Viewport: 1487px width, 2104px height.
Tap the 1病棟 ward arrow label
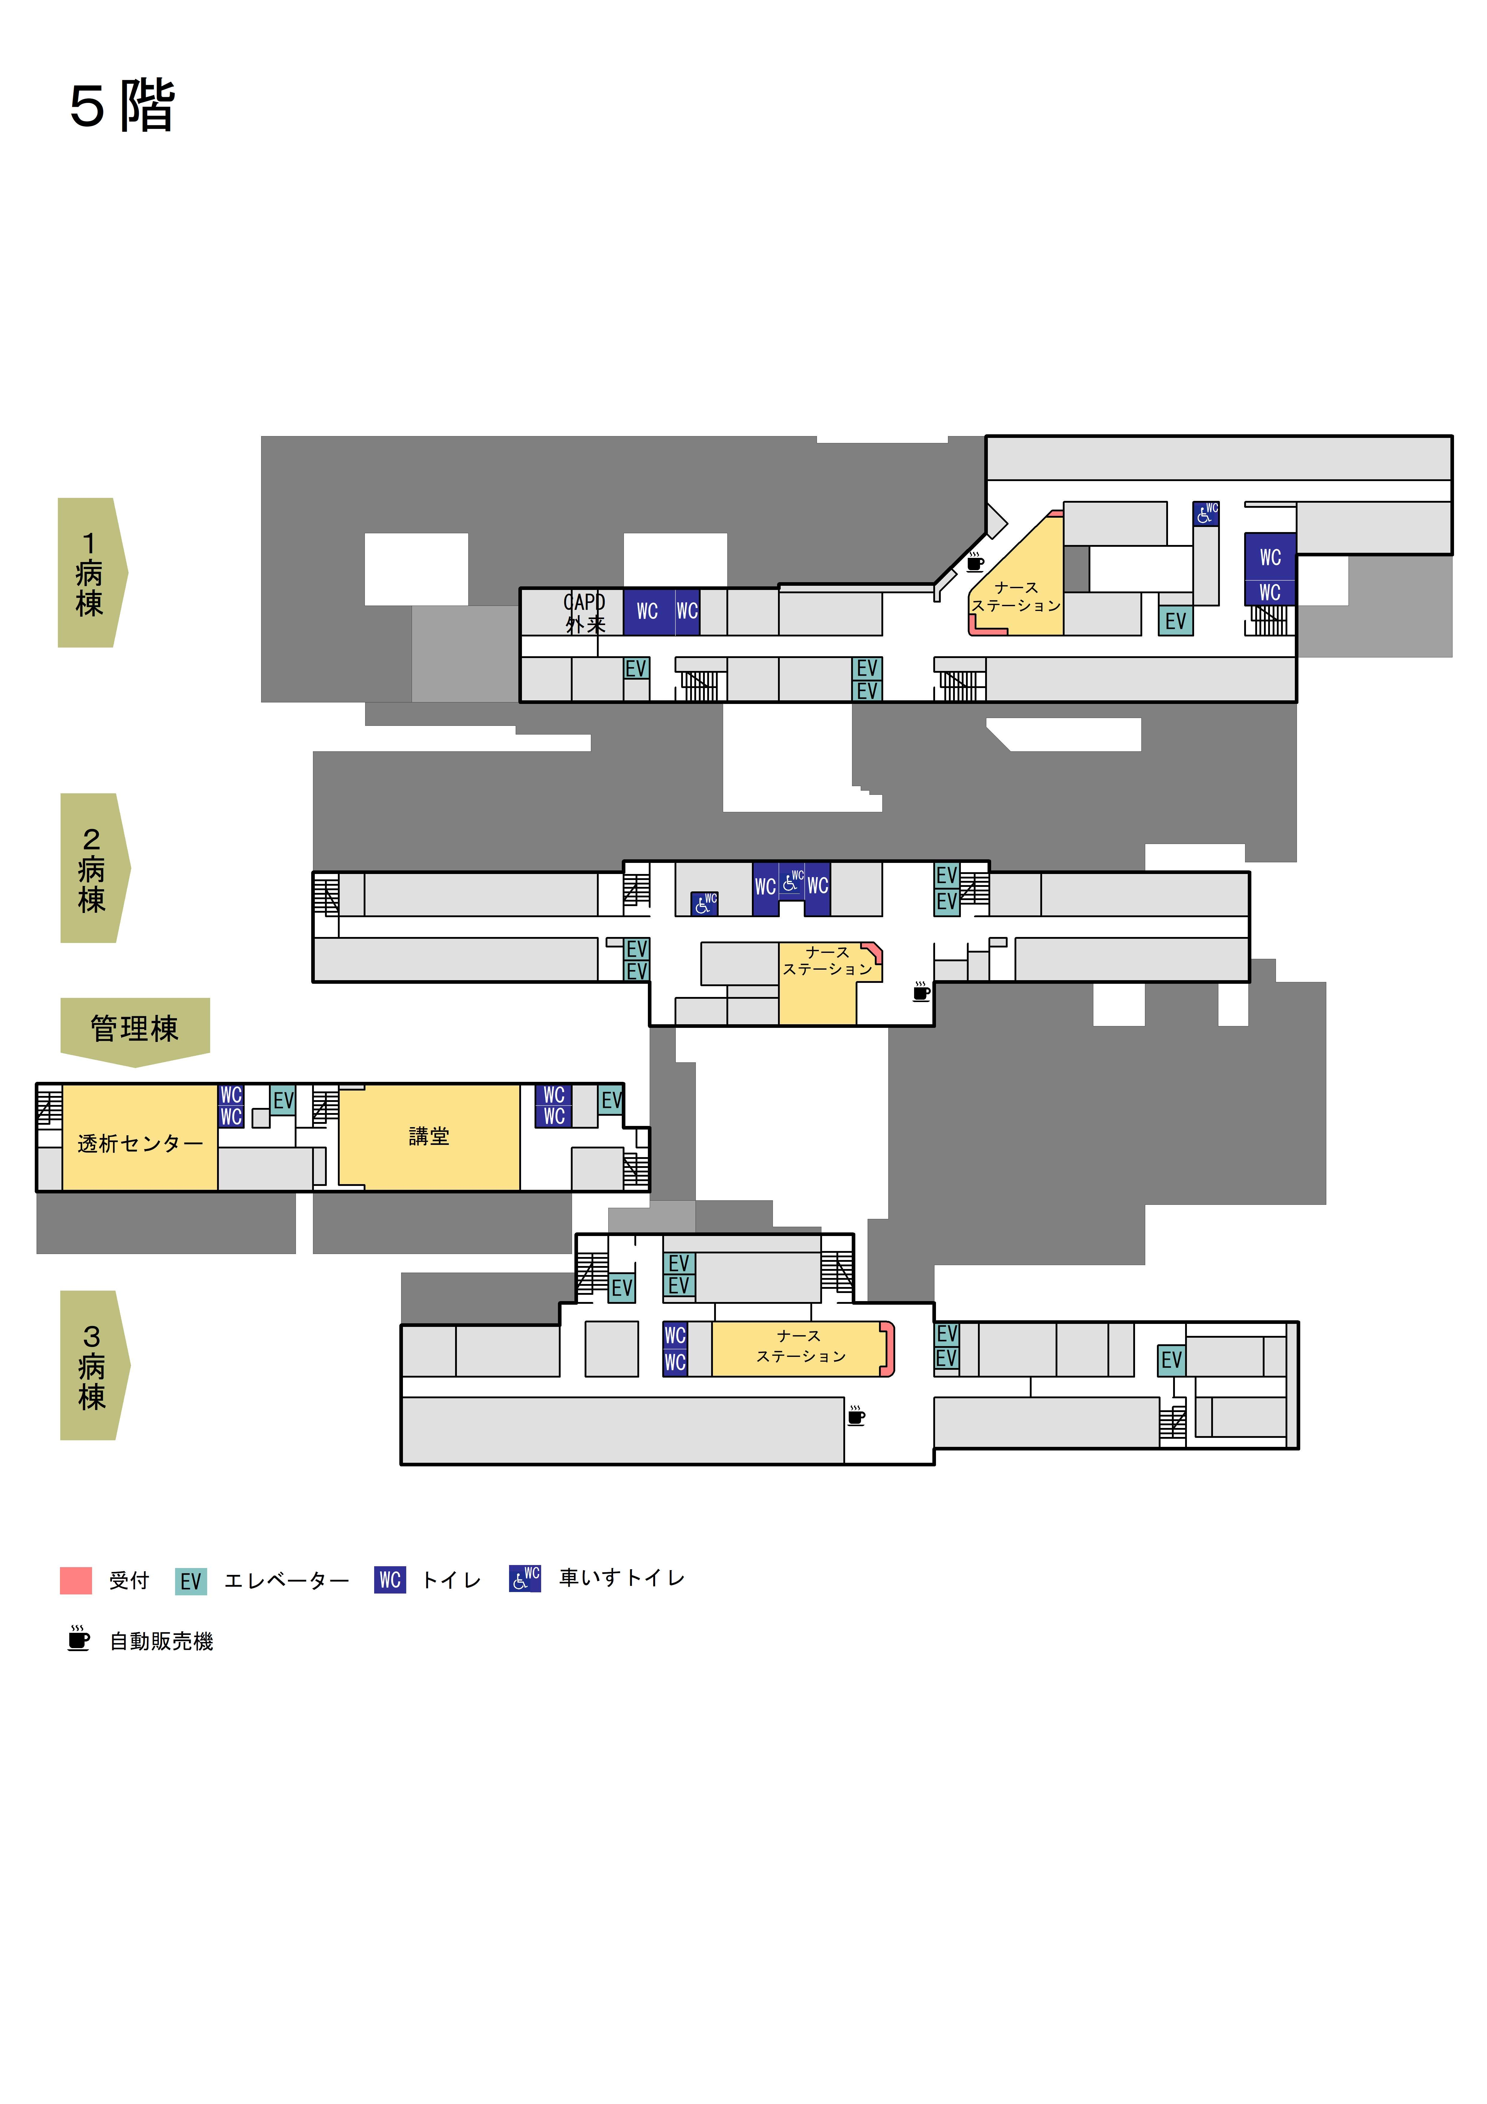tap(92, 573)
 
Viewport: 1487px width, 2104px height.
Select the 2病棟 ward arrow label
tap(94, 868)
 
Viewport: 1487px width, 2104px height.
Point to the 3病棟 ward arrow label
tap(94, 1365)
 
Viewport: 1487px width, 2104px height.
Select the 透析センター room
tap(139, 1138)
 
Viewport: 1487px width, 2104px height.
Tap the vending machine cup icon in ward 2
tap(922, 991)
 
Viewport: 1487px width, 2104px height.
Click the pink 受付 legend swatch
tap(76, 1580)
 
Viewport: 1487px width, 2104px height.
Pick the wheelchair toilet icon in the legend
tap(525, 1578)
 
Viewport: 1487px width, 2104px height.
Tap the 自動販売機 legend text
tap(161, 1641)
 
